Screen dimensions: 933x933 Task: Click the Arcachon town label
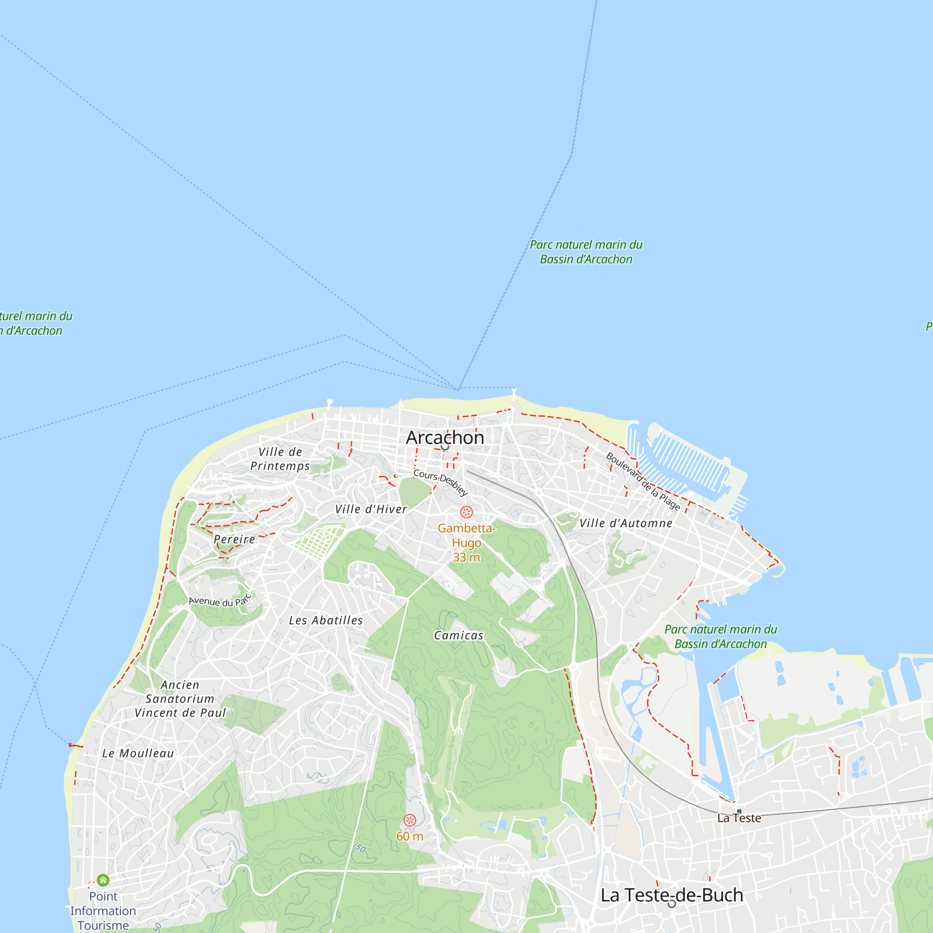(445, 438)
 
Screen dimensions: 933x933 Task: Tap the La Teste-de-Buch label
(672, 895)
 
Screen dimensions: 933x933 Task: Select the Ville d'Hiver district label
(371, 509)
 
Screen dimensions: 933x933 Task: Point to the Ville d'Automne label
(626, 523)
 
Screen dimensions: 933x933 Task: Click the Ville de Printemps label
(280, 459)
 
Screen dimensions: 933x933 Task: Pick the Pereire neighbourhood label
(234, 539)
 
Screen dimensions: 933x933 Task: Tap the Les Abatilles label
(326, 620)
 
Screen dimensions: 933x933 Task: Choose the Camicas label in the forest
(459, 635)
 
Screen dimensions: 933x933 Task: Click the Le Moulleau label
(138, 753)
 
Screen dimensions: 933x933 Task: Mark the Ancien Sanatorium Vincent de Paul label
(180, 698)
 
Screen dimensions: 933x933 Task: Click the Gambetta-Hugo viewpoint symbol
(466, 512)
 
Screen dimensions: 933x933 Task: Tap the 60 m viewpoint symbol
(410, 820)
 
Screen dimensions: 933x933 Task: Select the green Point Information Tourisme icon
(103, 880)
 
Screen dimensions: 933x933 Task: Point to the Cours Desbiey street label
(440, 482)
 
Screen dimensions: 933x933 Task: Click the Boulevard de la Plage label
(643, 481)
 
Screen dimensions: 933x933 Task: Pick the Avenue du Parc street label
(220, 601)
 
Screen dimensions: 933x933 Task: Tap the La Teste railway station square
(739, 811)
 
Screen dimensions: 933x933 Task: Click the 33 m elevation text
(466, 557)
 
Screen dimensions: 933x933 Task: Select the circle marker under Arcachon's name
(445, 448)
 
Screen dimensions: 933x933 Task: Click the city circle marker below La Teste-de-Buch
(672, 904)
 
